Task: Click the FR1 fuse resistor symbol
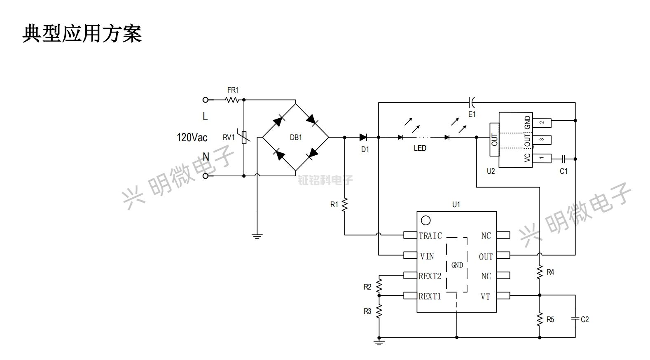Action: click(231, 100)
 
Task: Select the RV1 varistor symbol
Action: click(244, 137)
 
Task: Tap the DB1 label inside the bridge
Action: click(296, 138)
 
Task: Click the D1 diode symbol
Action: click(363, 137)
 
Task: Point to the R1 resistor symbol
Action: click(345, 205)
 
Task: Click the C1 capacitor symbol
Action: click(563, 159)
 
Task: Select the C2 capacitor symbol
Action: click(575, 318)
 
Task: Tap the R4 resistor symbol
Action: click(540, 272)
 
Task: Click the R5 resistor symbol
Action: click(540, 319)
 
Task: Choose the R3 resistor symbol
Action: click(379, 311)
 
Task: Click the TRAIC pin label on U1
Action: click(430, 236)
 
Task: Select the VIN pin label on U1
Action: click(427, 257)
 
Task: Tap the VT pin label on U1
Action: click(485, 297)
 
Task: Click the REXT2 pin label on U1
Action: click(430, 276)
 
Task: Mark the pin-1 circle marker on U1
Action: click(426, 221)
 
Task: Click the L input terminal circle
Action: click(206, 100)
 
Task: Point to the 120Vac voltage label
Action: click(192, 137)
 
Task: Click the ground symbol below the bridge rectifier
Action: click(257, 236)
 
